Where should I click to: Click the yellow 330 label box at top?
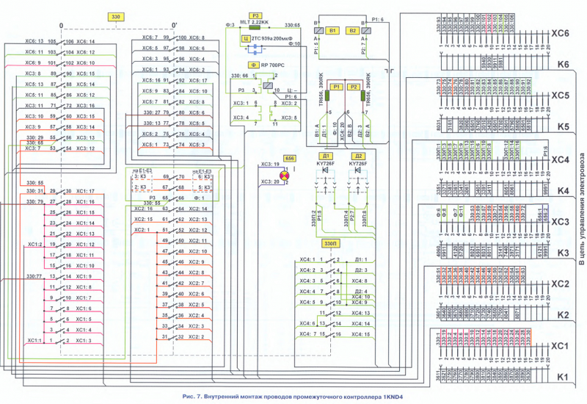click(x=114, y=16)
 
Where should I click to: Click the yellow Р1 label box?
click(x=337, y=87)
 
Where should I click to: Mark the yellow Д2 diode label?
click(x=358, y=156)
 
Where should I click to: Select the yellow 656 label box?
click(x=289, y=158)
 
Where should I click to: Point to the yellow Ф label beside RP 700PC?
click(x=252, y=65)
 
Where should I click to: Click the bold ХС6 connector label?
click(x=561, y=33)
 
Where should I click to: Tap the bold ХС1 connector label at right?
click(x=561, y=345)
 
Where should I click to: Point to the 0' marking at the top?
click(x=173, y=24)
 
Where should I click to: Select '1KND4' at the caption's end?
click(x=391, y=397)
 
